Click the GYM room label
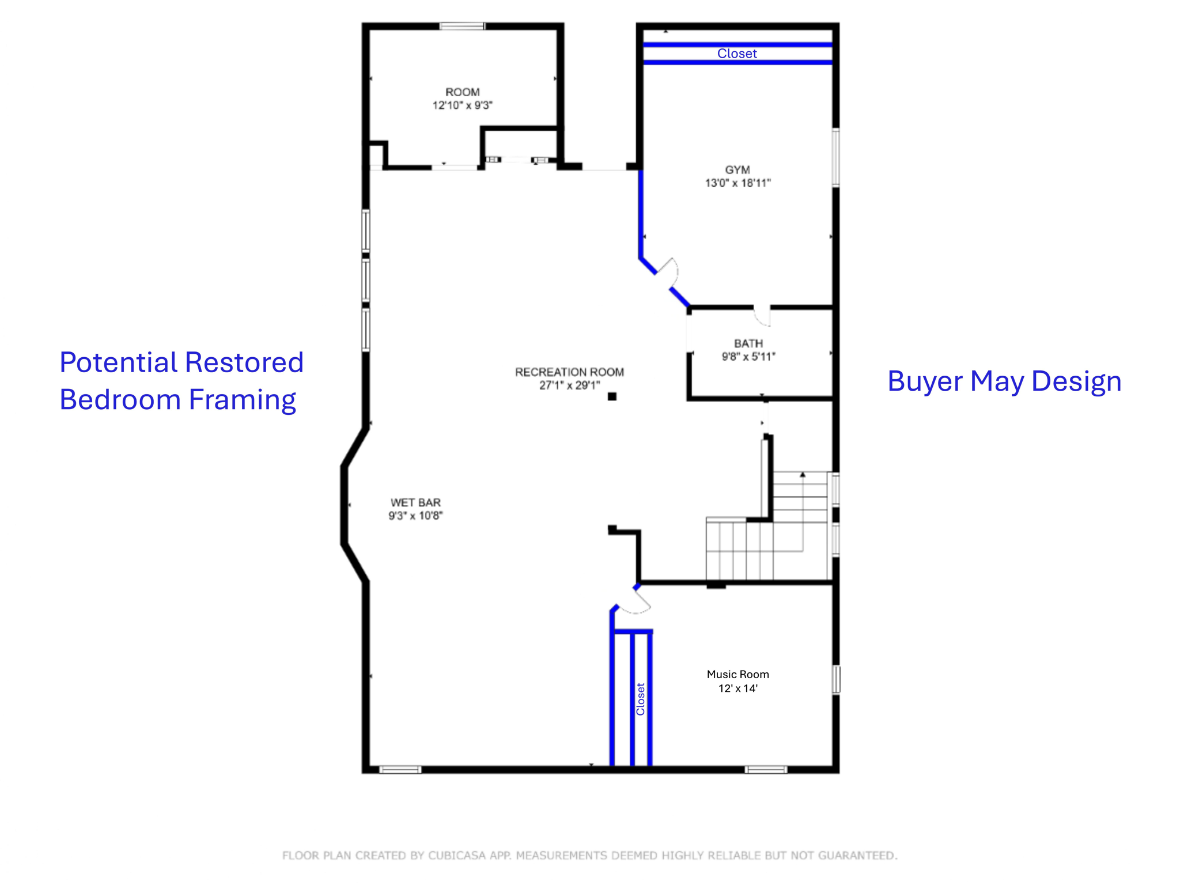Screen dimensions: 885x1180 737,169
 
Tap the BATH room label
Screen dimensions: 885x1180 748,343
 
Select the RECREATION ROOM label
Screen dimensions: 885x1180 569,372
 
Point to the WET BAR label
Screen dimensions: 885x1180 415,502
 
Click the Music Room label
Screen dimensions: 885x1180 737,674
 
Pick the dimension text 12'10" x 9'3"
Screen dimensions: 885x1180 462,105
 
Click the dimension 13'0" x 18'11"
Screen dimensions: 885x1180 737,183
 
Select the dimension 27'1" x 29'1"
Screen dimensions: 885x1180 569,385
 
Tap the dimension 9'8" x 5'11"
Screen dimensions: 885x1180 748,357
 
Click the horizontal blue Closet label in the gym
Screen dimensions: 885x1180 737,54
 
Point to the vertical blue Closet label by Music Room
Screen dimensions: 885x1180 640,699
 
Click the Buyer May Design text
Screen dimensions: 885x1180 1004,381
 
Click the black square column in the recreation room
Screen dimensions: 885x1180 612,396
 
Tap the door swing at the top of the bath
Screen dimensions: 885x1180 762,315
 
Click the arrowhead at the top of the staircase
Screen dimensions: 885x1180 802,475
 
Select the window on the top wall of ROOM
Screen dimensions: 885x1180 462,26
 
